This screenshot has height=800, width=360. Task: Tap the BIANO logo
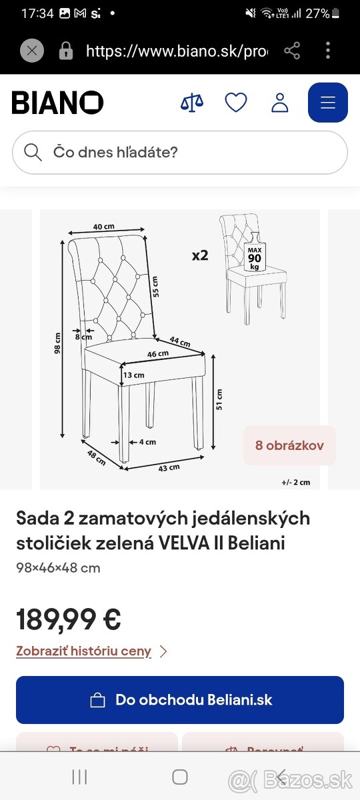[x=57, y=103]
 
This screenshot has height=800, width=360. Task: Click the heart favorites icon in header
[x=236, y=103]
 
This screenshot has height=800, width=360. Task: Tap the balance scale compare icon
[x=192, y=103]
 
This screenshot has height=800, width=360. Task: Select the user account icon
[x=280, y=103]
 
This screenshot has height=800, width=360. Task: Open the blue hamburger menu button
[x=327, y=103]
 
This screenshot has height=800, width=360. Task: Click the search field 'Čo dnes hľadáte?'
[x=180, y=152]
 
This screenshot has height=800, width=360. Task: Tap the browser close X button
[x=32, y=51]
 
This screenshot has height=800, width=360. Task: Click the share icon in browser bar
[x=292, y=51]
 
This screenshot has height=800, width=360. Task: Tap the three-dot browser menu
[x=328, y=51]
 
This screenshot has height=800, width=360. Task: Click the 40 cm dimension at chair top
[x=103, y=227]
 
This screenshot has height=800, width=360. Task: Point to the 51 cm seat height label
[x=219, y=399]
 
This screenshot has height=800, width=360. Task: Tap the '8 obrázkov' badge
[x=289, y=445]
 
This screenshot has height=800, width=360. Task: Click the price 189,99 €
[x=69, y=619]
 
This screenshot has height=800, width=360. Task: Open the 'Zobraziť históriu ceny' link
[x=84, y=651]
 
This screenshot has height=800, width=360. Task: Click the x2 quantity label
[x=200, y=255]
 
